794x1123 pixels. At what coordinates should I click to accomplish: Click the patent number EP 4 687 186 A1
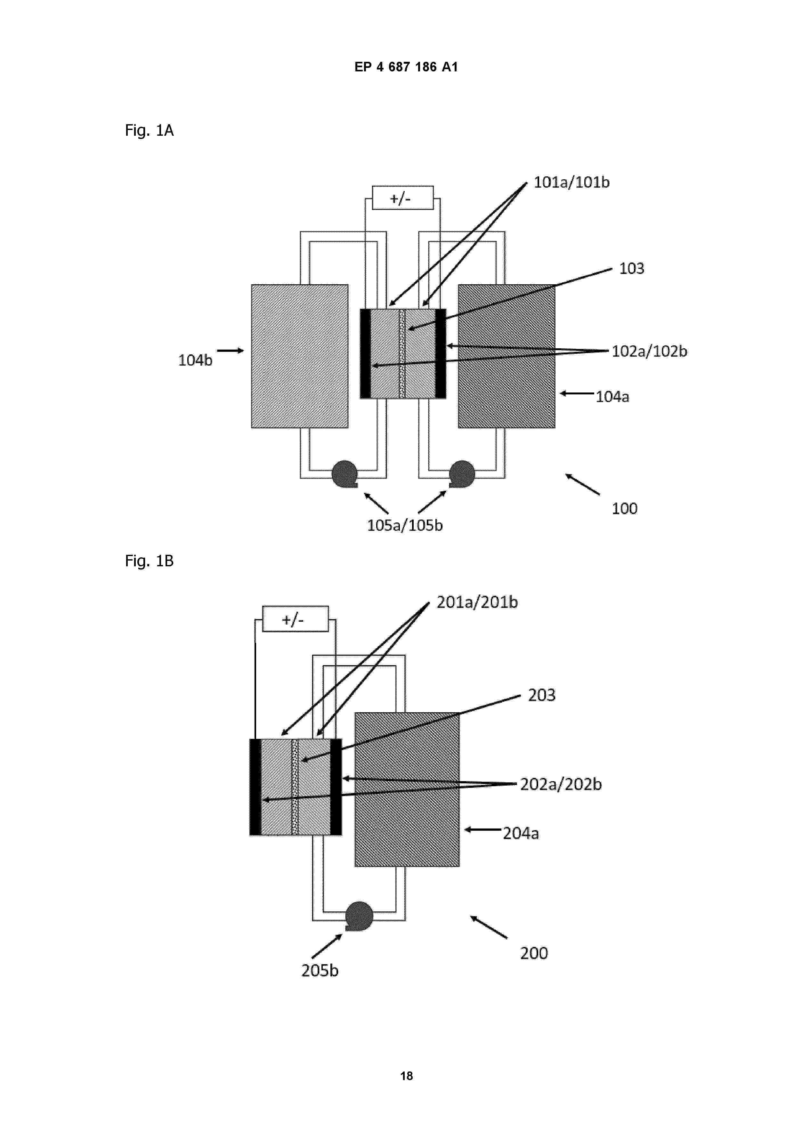pos(406,67)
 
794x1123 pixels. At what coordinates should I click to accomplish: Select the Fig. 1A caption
pos(149,131)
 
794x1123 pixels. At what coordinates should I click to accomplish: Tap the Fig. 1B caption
pos(149,561)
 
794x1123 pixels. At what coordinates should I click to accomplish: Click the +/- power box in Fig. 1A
pos(403,198)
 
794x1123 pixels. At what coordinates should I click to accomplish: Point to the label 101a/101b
pos(571,182)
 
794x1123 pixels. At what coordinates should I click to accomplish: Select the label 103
pos(632,269)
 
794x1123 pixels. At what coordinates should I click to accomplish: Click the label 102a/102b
pos(650,351)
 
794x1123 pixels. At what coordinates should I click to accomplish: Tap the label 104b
pos(195,360)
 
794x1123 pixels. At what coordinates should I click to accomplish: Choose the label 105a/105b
pos(405,525)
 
